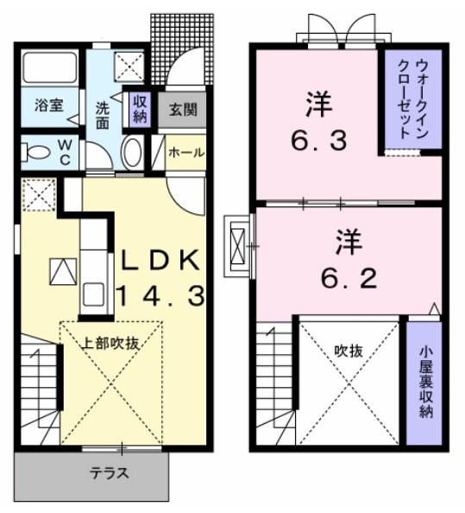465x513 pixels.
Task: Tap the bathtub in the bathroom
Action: [x=50, y=66]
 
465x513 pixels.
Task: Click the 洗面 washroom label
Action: [x=102, y=117]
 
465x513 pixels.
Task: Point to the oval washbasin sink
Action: [x=132, y=153]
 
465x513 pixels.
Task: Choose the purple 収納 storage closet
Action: [x=140, y=108]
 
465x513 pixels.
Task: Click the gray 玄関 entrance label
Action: [x=181, y=110]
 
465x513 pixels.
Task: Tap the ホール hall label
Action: [x=186, y=153]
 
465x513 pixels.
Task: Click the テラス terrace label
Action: [x=110, y=472]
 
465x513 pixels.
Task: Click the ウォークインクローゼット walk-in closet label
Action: [x=410, y=99]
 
